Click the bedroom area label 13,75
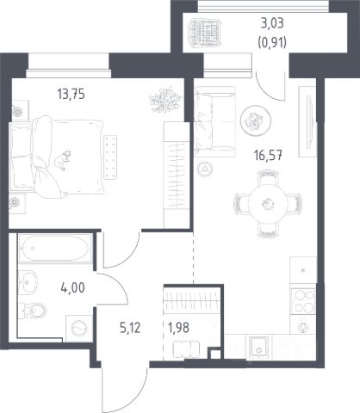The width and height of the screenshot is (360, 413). [71, 94]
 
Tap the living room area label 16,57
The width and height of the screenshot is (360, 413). [268, 156]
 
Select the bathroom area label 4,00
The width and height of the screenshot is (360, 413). [72, 287]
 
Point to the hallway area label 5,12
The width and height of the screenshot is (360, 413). [130, 328]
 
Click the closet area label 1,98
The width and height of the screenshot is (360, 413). [178, 328]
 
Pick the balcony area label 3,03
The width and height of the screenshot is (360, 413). [272, 23]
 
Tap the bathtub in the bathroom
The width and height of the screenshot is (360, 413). [55, 249]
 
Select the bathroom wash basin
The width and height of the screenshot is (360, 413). [28, 282]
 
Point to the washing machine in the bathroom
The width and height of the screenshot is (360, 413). [79, 329]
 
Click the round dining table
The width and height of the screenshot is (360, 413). [268, 204]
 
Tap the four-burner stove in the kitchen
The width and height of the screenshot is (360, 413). [303, 301]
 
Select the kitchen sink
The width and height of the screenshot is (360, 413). [259, 347]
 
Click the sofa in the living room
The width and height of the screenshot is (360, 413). [214, 122]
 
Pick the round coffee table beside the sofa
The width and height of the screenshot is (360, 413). [255, 120]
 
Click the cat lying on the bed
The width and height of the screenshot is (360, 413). [63, 160]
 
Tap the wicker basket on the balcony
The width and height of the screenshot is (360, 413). [205, 33]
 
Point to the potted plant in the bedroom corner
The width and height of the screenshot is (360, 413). [165, 99]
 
